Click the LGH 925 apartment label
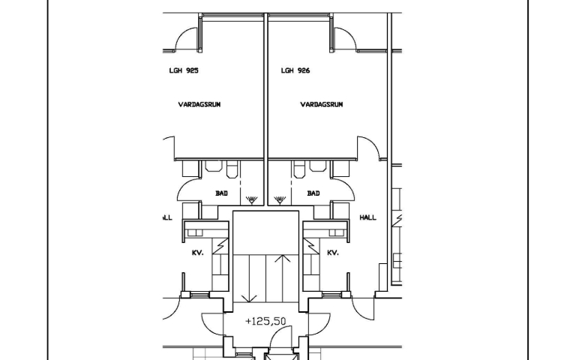point(184,70)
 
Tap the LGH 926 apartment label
point(295,70)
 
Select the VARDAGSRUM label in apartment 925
point(199,105)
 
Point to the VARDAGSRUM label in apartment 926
point(322,105)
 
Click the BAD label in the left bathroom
point(221,193)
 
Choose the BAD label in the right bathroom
point(313,193)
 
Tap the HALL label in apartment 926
point(367,217)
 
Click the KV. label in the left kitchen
point(198,253)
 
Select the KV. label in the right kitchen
point(333,253)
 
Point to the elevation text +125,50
point(265,322)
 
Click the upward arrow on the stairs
point(282,278)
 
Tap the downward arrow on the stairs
point(250,278)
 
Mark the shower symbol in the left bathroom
point(251,200)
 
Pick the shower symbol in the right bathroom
point(280,200)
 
